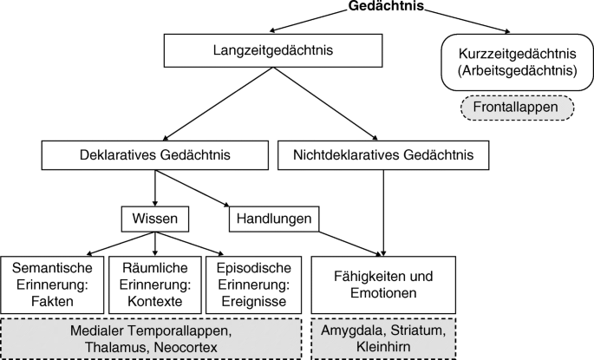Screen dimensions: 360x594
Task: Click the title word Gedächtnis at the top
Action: point(385,7)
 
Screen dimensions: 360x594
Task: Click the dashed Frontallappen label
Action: point(516,108)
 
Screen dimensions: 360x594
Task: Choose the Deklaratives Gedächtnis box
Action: point(154,156)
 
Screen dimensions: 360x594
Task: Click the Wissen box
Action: point(154,219)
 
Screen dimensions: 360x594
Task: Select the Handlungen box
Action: point(272,219)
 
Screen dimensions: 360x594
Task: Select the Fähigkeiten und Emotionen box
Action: point(382,285)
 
